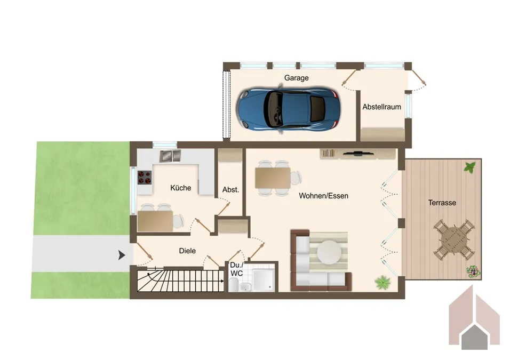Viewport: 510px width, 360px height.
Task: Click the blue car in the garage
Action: click(289, 109)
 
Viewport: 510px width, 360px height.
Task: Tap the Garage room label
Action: click(296, 78)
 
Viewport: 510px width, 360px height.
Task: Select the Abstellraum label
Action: click(381, 107)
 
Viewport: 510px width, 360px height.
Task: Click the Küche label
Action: click(180, 188)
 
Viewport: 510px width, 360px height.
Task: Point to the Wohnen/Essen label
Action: click(324, 196)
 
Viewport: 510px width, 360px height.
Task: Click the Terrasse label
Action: click(442, 203)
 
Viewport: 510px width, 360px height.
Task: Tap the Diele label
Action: click(187, 251)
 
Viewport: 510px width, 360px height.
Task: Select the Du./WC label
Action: click(236, 269)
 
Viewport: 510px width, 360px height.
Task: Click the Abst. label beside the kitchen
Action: click(230, 189)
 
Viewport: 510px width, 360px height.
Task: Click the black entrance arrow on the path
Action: click(122, 255)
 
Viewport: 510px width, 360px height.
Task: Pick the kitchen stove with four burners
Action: click(145, 178)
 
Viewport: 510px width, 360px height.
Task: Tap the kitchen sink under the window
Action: click(170, 156)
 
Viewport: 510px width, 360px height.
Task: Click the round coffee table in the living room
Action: click(329, 252)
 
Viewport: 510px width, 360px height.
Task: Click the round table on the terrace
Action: click(454, 239)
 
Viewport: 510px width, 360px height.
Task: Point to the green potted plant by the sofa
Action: click(382, 282)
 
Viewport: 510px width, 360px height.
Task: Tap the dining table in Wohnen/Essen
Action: click(273, 178)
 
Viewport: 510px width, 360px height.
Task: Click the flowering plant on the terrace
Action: click(473, 271)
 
